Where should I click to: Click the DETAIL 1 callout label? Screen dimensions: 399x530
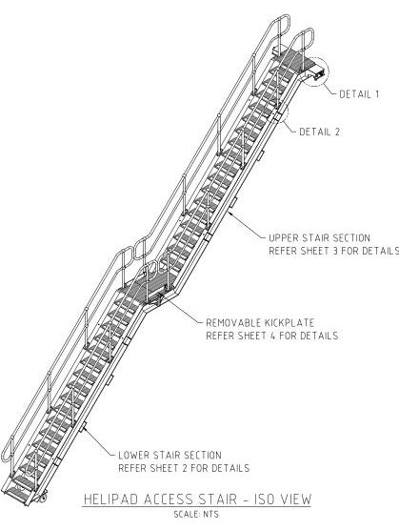tap(359, 94)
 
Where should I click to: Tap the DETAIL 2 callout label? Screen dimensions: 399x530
tap(319, 132)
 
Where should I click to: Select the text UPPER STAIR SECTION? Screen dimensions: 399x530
tap(319, 238)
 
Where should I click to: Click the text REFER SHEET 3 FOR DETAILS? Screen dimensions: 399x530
tap(333, 251)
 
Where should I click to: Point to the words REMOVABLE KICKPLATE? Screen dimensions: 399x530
tap(260, 323)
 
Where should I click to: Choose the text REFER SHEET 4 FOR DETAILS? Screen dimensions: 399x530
tap(272, 336)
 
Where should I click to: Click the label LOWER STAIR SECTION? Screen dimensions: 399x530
tap(170, 455)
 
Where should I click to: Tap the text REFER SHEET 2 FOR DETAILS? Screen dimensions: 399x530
tap(184, 468)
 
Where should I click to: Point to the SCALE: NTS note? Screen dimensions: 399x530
tap(196, 515)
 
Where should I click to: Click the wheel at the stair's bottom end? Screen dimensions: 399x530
tap(43, 498)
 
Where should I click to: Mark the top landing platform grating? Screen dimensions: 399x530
tap(294, 60)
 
